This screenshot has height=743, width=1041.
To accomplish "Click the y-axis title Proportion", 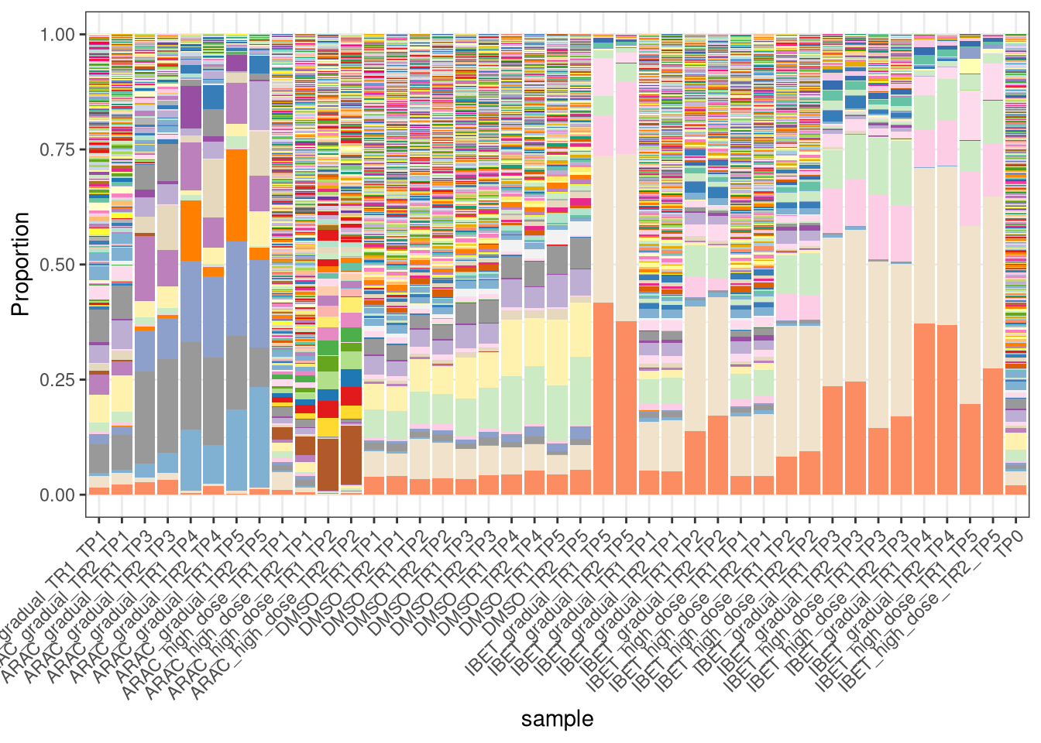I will pyautogui.click(x=21, y=264).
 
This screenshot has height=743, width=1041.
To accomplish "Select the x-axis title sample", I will pyautogui.click(x=557, y=719).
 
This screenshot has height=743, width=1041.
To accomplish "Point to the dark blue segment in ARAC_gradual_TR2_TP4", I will pyautogui.click(x=213, y=97).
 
